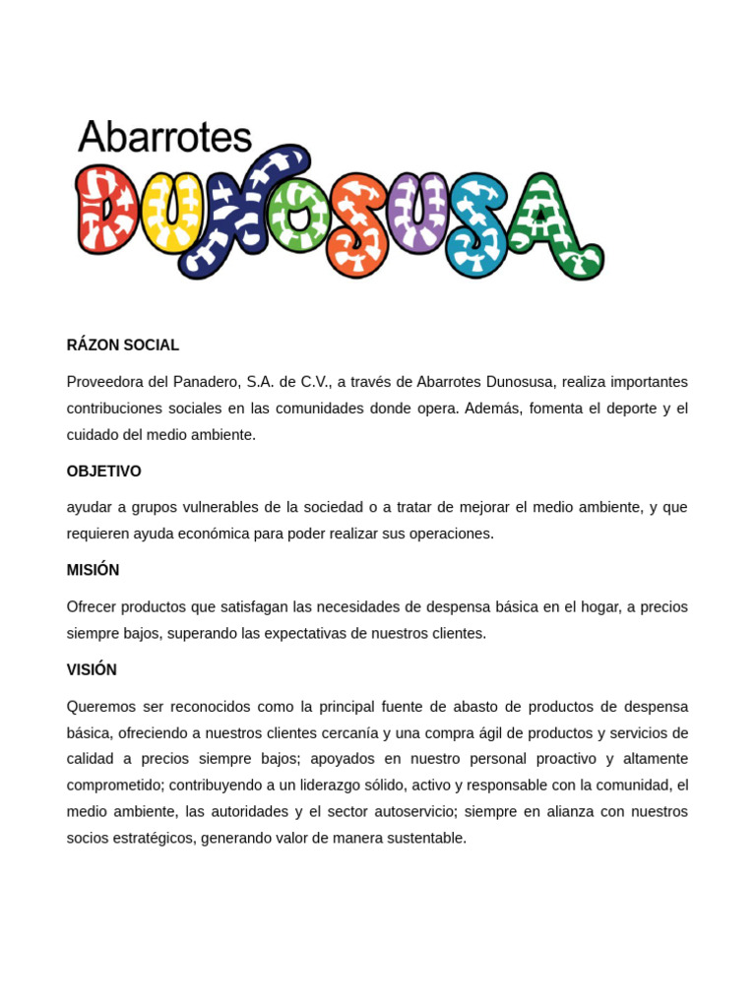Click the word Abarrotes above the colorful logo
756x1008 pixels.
click(x=164, y=137)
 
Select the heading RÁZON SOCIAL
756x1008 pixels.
click(x=123, y=346)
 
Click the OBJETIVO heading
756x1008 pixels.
click(x=104, y=472)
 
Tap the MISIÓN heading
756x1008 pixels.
click(x=94, y=570)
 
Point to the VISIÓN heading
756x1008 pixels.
click(x=92, y=669)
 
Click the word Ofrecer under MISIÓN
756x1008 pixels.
click(x=93, y=606)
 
